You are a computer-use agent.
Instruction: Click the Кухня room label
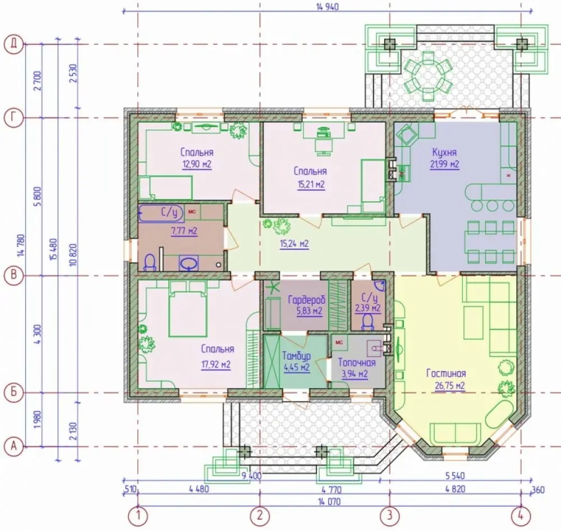(x=444, y=153)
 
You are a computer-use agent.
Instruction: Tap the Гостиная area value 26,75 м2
(x=450, y=386)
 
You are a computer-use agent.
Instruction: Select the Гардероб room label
(x=307, y=299)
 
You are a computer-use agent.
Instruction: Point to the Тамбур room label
(x=296, y=356)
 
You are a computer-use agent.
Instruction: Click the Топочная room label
(x=357, y=363)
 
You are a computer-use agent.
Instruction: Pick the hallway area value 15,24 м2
(x=294, y=244)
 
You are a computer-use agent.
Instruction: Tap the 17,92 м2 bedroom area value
(x=216, y=365)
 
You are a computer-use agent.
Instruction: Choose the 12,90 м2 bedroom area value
(x=197, y=164)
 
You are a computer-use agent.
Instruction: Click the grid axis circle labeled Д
(x=13, y=44)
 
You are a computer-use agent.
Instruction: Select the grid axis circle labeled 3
(x=389, y=516)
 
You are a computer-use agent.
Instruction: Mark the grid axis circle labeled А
(x=13, y=446)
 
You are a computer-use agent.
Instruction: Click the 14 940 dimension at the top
(x=328, y=6)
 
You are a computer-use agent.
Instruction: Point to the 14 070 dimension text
(x=328, y=501)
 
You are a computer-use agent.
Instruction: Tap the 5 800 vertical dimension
(x=39, y=196)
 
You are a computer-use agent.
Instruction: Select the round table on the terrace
(x=428, y=76)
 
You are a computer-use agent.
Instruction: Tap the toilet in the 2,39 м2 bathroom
(x=367, y=322)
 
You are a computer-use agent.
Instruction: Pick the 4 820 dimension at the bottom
(x=456, y=489)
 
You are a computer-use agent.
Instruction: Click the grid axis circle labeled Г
(x=13, y=118)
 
